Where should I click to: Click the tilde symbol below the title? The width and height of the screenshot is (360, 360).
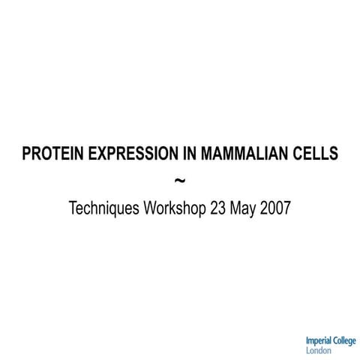click(x=180, y=181)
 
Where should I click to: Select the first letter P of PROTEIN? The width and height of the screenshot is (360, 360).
click(x=27, y=154)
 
